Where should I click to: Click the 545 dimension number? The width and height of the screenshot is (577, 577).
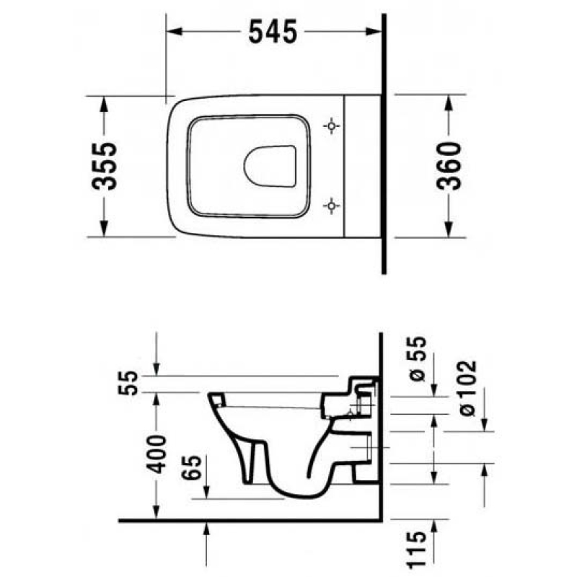(x=273, y=32)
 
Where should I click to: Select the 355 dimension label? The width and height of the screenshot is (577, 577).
(x=104, y=167)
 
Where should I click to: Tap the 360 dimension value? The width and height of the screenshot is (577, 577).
(x=449, y=166)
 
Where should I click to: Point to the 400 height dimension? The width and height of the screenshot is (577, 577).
(x=156, y=454)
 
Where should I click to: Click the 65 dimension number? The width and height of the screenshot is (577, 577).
(x=192, y=467)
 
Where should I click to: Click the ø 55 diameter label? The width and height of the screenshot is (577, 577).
(x=417, y=358)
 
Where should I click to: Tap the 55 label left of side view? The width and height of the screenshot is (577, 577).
(x=128, y=383)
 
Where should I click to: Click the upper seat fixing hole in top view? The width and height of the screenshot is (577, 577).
(x=331, y=125)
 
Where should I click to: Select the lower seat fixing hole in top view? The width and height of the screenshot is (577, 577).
(x=331, y=206)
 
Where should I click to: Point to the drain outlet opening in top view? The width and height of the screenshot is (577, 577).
(x=270, y=166)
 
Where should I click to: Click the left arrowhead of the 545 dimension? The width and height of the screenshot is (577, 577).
(x=174, y=31)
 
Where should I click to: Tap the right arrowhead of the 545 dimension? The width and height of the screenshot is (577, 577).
(x=374, y=31)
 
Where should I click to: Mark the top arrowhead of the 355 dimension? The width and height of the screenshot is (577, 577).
(x=104, y=103)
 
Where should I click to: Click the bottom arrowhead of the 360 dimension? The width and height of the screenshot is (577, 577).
(x=448, y=229)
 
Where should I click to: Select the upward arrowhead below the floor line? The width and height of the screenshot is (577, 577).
(x=206, y=529)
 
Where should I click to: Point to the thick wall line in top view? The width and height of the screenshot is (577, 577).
(x=384, y=144)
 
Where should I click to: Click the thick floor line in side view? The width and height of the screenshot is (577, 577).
(x=250, y=520)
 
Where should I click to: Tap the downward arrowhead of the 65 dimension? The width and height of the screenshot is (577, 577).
(x=206, y=492)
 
